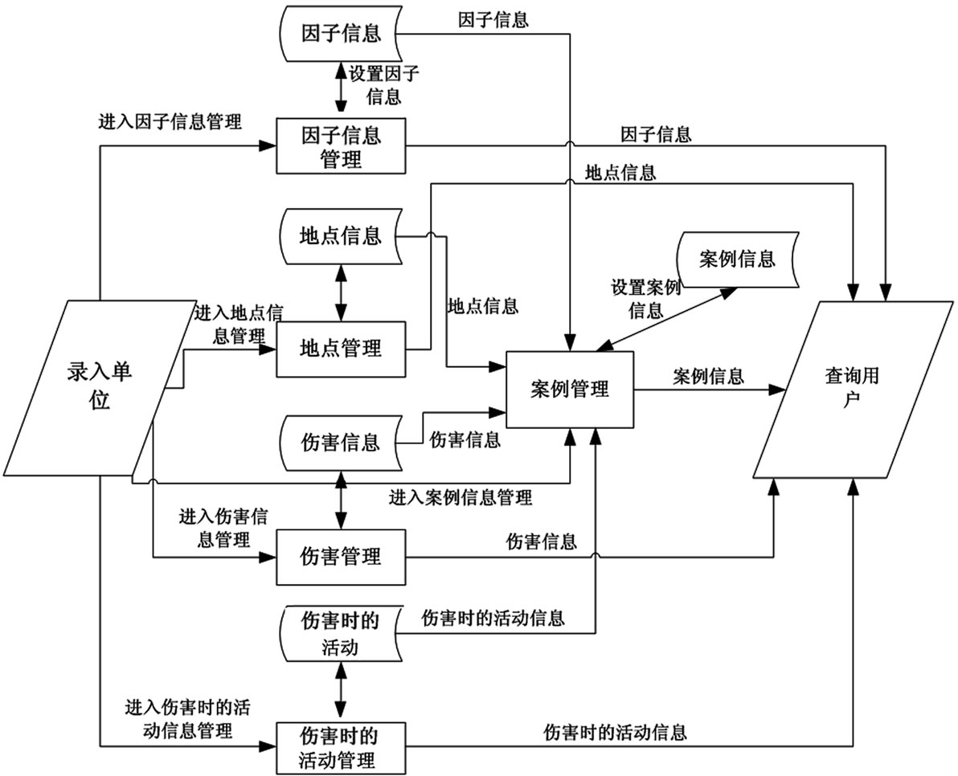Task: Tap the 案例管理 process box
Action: (x=570, y=390)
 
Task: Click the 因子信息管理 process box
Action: (x=341, y=146)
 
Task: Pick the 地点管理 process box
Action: (x=341, y=349)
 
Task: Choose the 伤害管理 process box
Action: (x=341, y=556)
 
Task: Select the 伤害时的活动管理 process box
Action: (x=341, y=746)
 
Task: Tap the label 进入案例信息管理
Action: (x=461, y=498)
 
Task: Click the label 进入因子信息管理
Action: (x=170, y=122)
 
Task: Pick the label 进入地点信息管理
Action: (x=239, y=323)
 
